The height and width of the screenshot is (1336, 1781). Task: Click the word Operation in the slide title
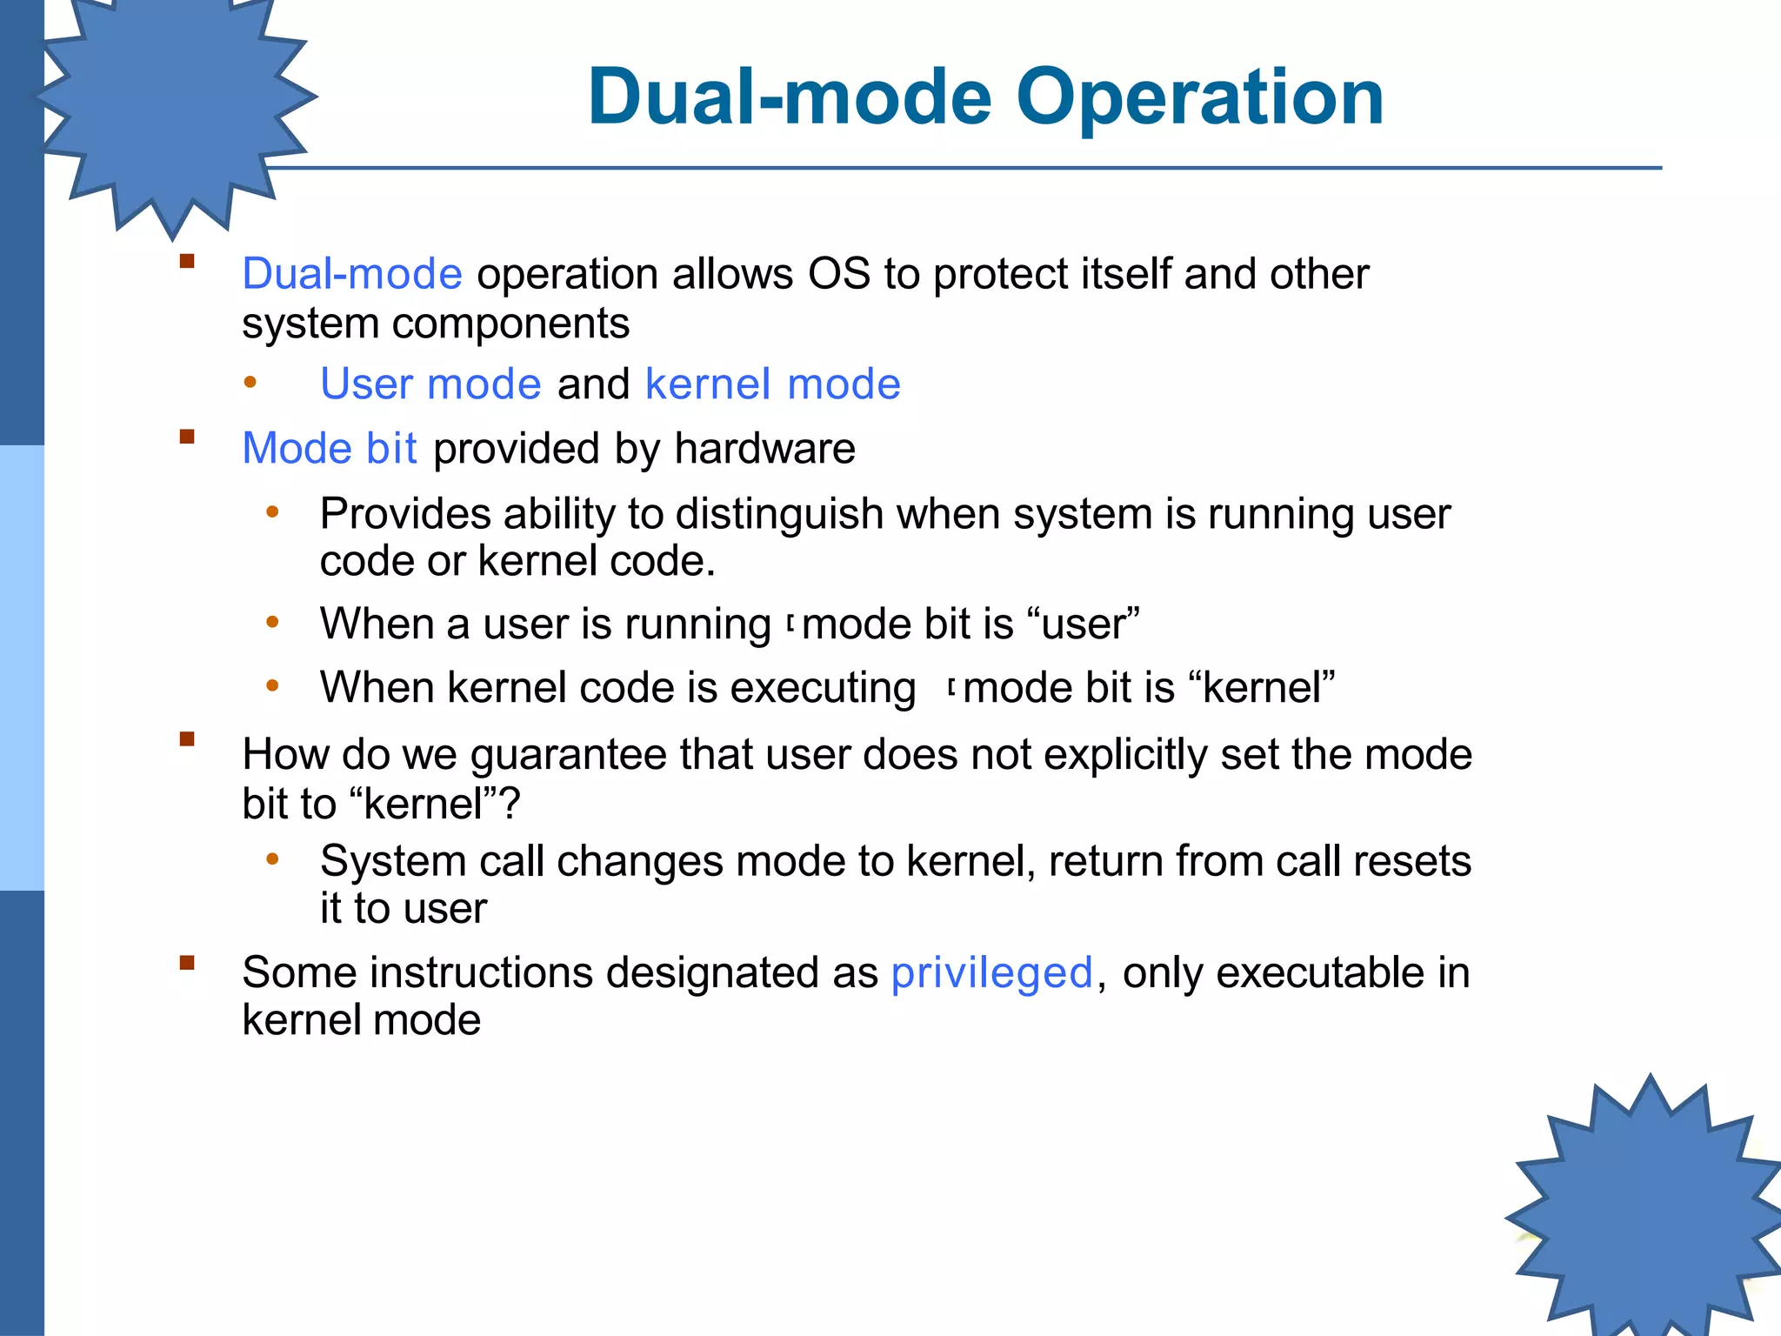tap(1199, 97)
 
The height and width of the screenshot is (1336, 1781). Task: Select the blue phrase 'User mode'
tap(430, 384)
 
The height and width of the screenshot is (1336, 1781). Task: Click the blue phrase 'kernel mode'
tap(772, 384)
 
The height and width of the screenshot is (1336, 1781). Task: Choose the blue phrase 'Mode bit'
tap(330, 449)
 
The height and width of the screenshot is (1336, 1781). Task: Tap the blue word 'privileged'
tap(991, 972)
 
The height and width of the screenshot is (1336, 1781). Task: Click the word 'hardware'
tap(764, 449)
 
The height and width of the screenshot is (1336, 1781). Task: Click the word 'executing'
tap(823, 688)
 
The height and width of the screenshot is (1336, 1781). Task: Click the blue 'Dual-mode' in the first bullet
tap(351, 274)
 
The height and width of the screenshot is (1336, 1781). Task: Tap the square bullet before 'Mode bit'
tap(187, 437)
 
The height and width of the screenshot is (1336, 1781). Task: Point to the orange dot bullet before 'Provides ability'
tap(272, 512)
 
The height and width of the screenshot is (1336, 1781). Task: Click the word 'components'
tap(510, 324)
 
